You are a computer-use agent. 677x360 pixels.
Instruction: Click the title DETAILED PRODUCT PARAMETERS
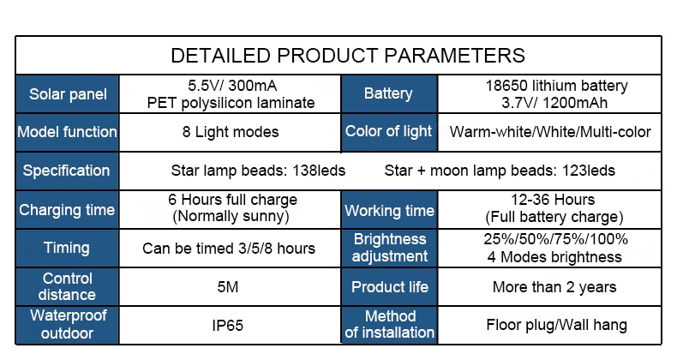tap(348, 56)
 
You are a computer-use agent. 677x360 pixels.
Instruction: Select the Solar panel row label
tap(68, 94)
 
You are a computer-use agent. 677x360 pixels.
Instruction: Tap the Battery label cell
tap(388, 93)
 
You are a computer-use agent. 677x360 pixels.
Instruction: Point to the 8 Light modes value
tap(231, 132)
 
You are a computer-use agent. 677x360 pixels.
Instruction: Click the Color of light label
tap(388, 131)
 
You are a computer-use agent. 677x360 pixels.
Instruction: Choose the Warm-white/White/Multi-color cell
tap(550, 132)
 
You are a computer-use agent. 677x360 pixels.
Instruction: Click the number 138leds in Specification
tap(319, 171)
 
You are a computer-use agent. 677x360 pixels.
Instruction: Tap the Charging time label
tap(67, 210)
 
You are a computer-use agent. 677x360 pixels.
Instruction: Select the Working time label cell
tap(389, 211)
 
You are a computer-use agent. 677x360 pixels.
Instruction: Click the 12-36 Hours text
tap(553, 200)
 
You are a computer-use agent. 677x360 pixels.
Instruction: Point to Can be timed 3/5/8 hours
tap(229, 249)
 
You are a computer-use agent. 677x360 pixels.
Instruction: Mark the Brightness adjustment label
tap(389, 248)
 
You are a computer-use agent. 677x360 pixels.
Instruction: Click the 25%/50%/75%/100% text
tap(555, 238)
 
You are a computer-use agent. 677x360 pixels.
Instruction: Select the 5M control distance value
tap(228, 287)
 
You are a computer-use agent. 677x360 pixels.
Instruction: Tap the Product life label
tap(389, 287)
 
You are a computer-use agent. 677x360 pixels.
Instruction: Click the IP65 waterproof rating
tap(228, 326)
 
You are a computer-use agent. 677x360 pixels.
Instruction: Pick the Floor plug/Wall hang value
tap(556, 325)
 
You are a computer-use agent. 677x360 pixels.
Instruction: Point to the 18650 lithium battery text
tap(556, 86)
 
